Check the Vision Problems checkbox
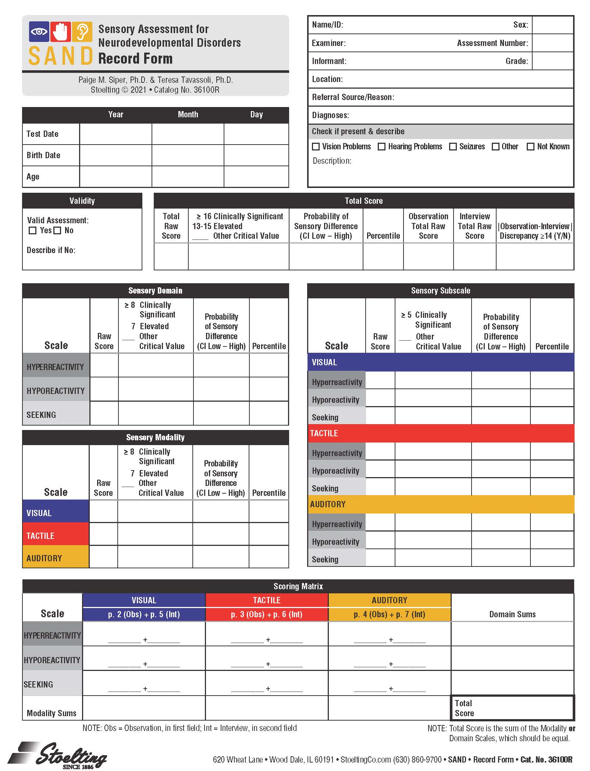click(316, 147)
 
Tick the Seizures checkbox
click(453, 147)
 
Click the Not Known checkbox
click(530, 147)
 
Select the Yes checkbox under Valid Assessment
click(33, 231)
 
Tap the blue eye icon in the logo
click(39, 32)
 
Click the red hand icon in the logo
click(61, 32)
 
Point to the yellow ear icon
click(82, 32)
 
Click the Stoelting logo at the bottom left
click(59, 755)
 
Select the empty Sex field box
click(552, 25)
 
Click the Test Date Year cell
click(115, 134)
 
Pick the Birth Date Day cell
click(256, 155)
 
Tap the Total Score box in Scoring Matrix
click(512, 708)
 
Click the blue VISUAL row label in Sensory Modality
click(56, 513)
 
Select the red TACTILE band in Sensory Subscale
click(440, 433)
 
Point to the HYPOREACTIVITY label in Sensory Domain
click(56, 391)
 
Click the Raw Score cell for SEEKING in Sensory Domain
click(104, 413)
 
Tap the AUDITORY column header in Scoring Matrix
click(389, 600)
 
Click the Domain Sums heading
click(512, 614)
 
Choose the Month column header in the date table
click(188, 114)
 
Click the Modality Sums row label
click(52, 713)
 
